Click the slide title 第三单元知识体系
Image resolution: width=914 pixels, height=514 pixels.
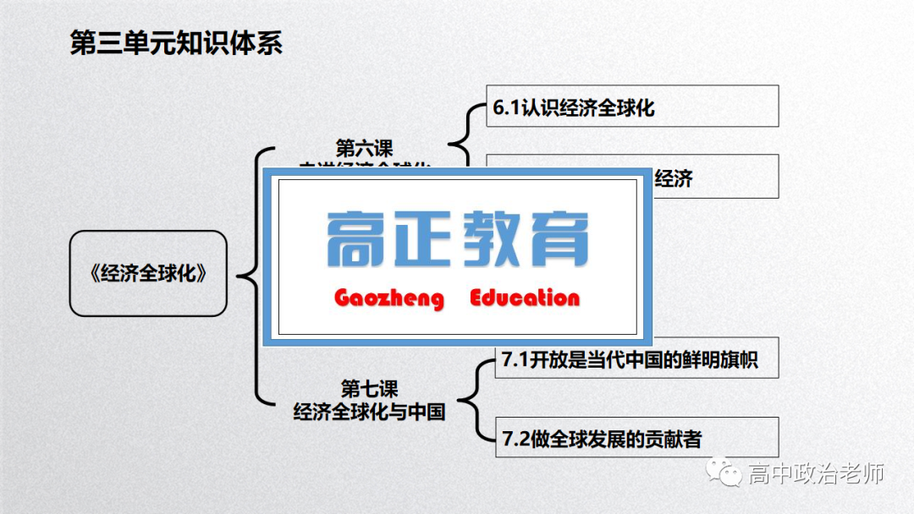click(x=175, y=42)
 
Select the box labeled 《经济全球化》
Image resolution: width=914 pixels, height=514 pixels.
click(x=148, y=274)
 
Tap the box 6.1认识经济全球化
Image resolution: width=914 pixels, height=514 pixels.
click(x=631, y=107)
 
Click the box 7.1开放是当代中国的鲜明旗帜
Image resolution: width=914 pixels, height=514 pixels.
click(x=636, y=360)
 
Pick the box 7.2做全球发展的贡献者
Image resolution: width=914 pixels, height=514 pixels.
click(x=636, y=439)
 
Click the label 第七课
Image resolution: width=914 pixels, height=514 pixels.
click(x=369, y=389)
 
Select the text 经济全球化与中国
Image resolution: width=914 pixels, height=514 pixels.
click(x=369, y=413)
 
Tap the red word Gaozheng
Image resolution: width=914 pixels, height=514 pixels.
click(x=388, y=298)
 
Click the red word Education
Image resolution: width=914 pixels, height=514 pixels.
click(x=525, y=298)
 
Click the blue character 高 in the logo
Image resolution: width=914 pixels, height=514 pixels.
click(x=358, y=239)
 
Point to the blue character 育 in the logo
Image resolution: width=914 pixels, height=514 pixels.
click(x=556, y=239)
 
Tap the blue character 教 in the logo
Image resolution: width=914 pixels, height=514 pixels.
click(x=491, y=239)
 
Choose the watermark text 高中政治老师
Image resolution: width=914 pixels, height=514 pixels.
click(x=816, y=474)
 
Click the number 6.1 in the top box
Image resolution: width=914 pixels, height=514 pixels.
click(x=506, y=107)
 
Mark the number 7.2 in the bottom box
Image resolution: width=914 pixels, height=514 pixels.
click(x=515, y=440)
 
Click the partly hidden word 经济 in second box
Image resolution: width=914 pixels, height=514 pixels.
click(x=674, y=178)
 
